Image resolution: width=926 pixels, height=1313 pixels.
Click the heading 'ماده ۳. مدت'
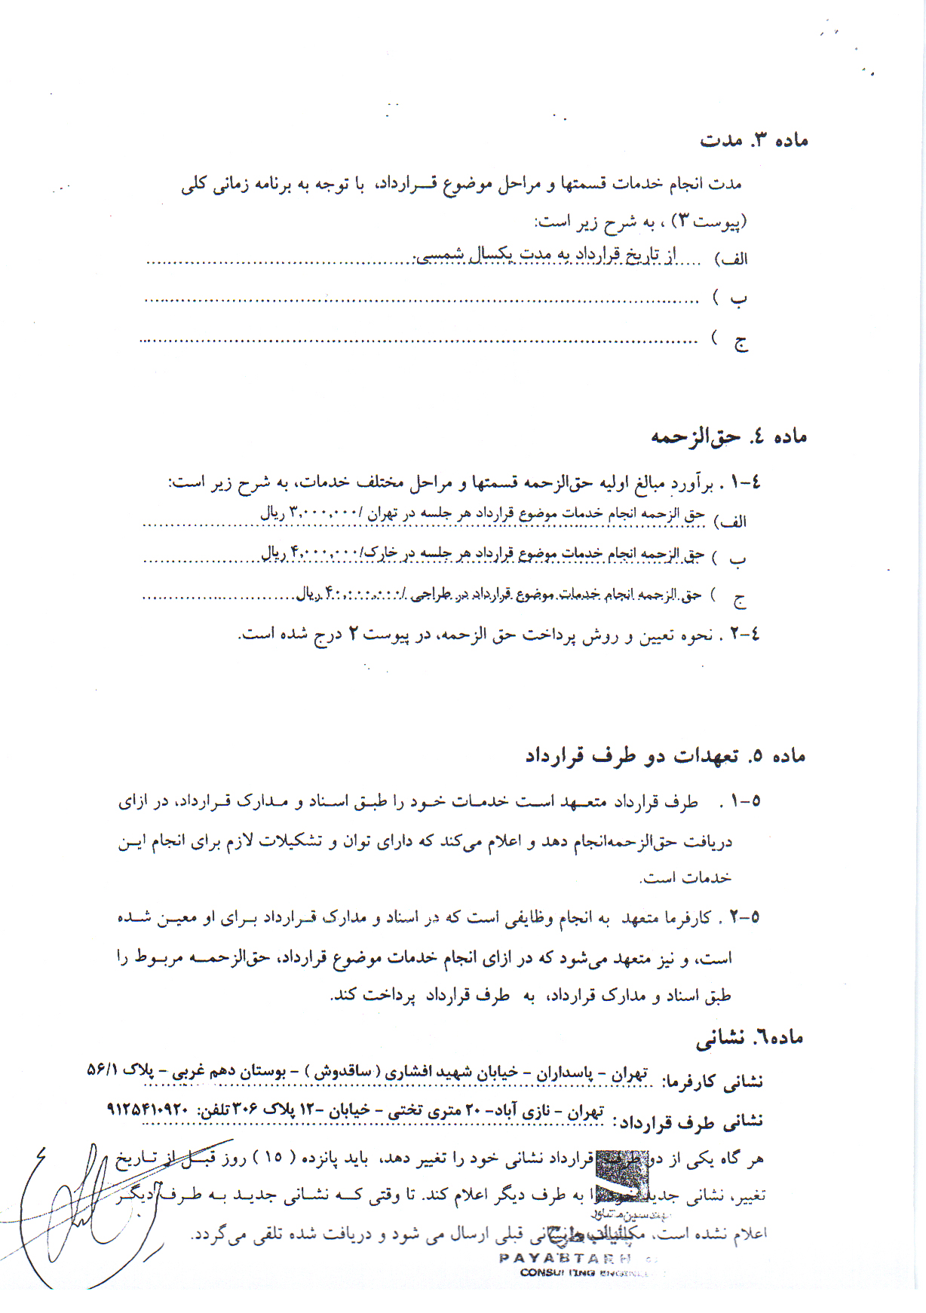click(x=753, y=140)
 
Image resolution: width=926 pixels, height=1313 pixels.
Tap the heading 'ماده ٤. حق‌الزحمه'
click(x=728, y=436)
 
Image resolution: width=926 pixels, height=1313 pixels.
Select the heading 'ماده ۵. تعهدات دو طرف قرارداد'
click(x=665, y=756)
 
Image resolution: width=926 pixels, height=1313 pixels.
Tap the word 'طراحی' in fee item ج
click(x=431, y=594)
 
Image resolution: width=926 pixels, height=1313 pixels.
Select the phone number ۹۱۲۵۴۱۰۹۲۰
click(x=147, y=1109)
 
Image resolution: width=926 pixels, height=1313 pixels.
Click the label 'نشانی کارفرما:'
click(x=712, y=1082)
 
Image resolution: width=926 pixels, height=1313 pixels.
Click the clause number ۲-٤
click(x=744, y=635)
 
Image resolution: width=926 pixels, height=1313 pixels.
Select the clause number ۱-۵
click(x=745, y=801)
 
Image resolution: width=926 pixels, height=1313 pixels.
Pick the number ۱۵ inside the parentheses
click(x=274, y=1158)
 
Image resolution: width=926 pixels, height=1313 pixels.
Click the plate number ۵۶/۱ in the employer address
click(x=103, y=1070)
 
